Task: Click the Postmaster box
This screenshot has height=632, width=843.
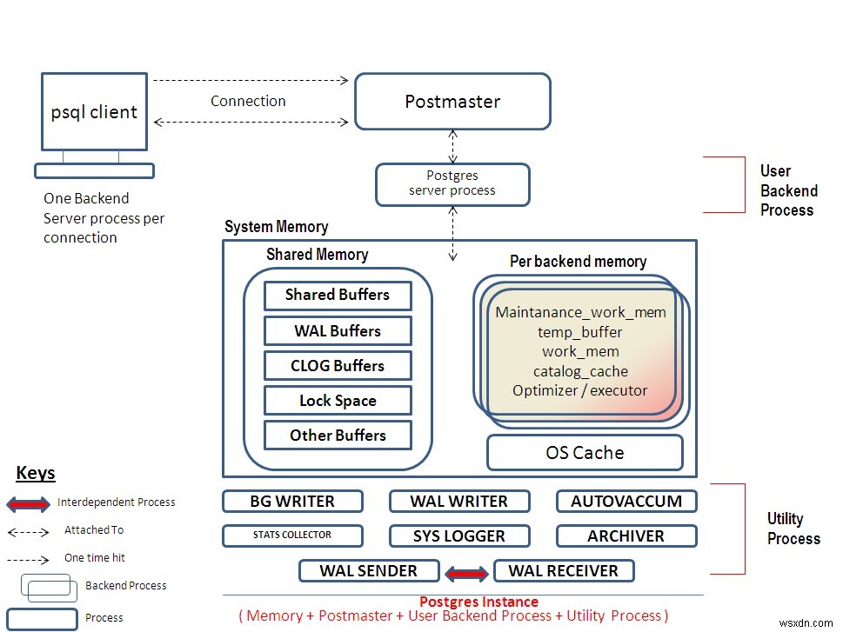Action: pyautogui.click(x=452, y=102)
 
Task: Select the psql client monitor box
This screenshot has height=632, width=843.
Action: pyautogui.click(x=94, y=112)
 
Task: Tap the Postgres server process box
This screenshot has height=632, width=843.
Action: pyautogui.click(x=452, y=184)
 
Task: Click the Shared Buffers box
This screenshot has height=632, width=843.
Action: pyautogui.click(x=338, y=295)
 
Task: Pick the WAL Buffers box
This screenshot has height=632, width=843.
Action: pyautogui.click(x=338, y=331)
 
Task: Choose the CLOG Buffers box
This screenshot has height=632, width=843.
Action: pyautogui.click(x=338, y=366)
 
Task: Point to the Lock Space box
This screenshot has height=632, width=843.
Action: pyautogui.click(x=338, y=401)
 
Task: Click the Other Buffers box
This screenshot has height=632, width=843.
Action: pyautogui.click(x=338, y=436)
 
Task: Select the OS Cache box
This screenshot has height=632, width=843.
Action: pyautogui.click(x=585, y=453)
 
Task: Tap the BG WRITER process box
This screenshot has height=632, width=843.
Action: pyautogui.click(x=291, y=502)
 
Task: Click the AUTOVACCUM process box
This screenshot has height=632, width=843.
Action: pyautogui.click(x=626, y=502)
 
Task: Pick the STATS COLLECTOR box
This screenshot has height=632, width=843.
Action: pyautogui.click(x=291, y=536)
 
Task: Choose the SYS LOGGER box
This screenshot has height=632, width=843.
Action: pyautogui.click(x=458, y=536)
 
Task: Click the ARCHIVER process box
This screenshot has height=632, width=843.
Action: pyautogui.click(x=626, y=536)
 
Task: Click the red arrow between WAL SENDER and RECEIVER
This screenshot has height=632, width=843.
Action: pyautogui.click(x=467, y=573)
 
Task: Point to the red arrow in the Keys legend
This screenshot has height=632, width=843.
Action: pyautogui.click(x=29, y=503)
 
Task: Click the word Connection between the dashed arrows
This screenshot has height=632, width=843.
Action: pyautogui.click(x=248, y=101)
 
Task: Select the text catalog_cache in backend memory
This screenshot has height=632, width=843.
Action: pyautogui.click(x=580, y=371)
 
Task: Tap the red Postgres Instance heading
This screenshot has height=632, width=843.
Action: pyautogui.click(x=478, y=602)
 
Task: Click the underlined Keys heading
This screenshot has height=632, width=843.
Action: pyautogui.click(x=36, y=474)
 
